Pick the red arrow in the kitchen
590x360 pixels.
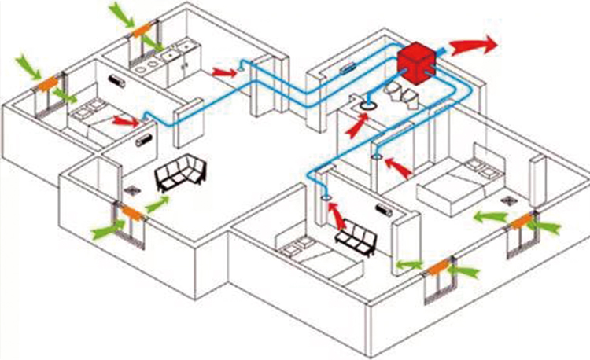(x=223, y=72)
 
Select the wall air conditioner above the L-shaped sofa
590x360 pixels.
(x=143, y=141)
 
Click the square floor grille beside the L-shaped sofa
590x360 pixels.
(x=131, y=189)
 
